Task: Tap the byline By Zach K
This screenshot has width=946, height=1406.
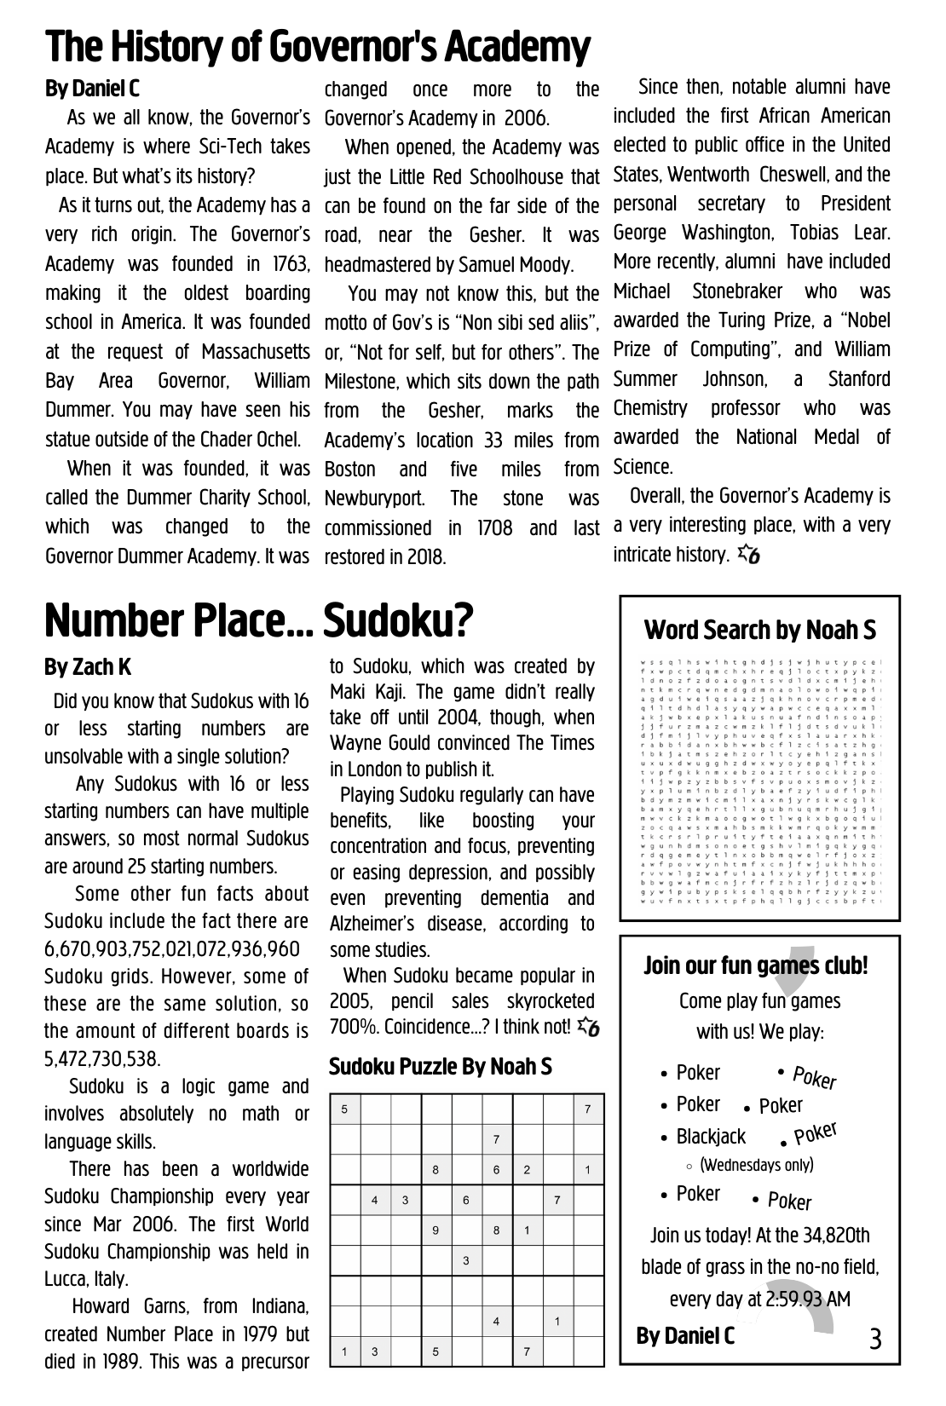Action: (x=88, y=667)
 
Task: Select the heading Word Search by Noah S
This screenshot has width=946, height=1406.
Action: (x=760, y=630)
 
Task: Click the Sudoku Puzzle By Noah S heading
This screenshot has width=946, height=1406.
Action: (x=440, y=1066)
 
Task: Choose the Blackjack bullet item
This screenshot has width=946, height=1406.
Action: (x=711, y=1137)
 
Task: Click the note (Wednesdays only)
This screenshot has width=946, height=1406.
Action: (x=757, y=1165)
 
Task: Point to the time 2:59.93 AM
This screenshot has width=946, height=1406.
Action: (x=807, y=1299)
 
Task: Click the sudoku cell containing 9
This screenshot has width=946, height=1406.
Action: (x=436, y=1230)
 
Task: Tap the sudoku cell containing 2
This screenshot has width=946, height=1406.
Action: (x=527, y=1170)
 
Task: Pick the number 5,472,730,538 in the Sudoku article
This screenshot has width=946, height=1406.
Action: (x=101, y=1059)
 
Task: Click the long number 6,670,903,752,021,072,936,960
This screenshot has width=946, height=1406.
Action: (x=172, y=948)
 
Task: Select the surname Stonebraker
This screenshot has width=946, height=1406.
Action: (x=736, y=291)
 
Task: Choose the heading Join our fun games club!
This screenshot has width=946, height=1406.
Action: (x=756, y=965)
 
